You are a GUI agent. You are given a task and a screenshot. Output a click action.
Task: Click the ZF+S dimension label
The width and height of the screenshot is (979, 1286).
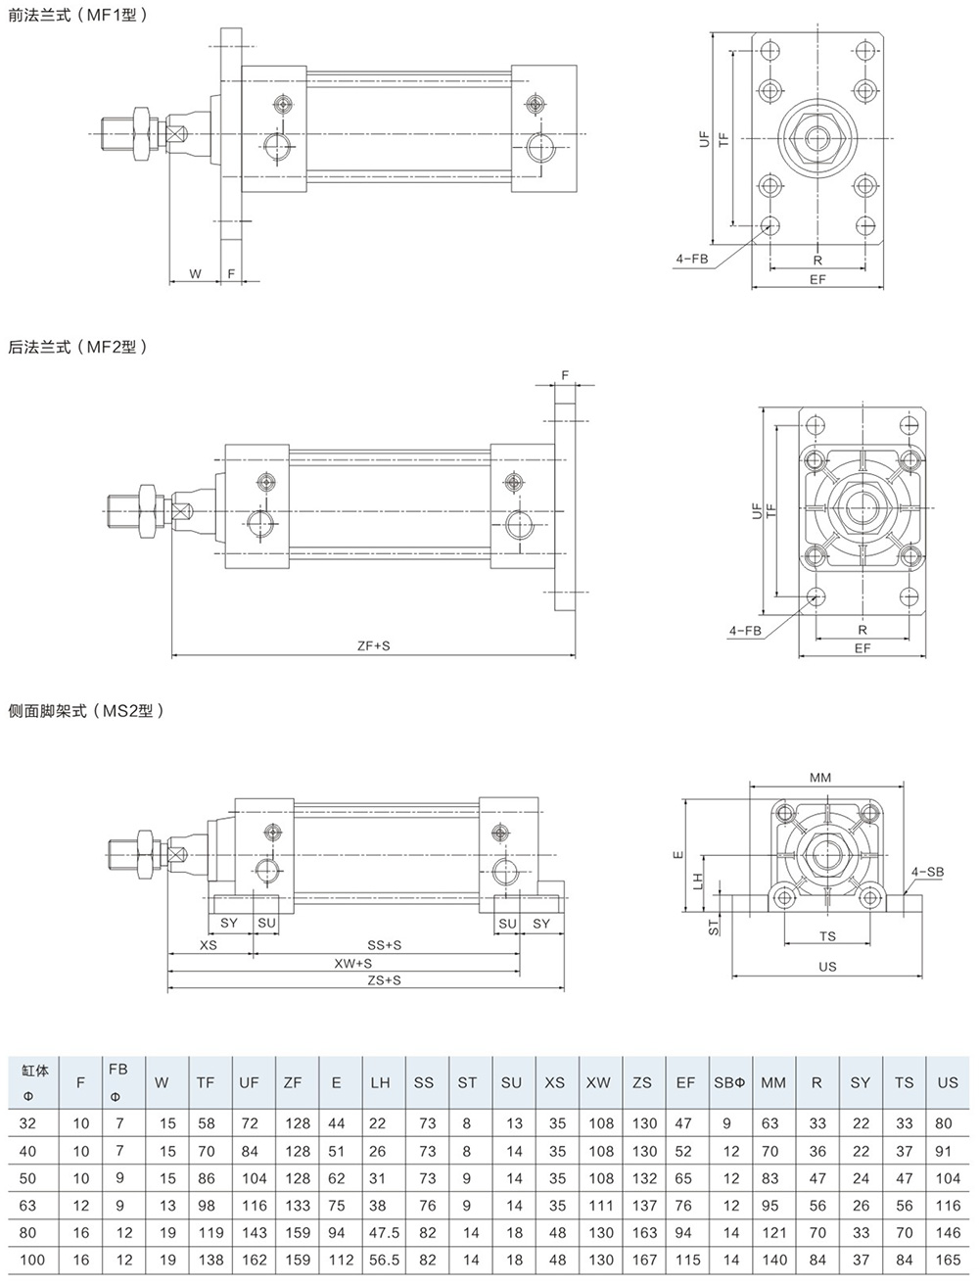(x=374, y=645)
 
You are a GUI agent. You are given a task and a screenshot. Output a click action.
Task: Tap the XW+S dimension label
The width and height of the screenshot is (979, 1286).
(x=353, y=963)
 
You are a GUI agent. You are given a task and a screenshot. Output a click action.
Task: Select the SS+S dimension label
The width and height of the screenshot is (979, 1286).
(x=384, y=945)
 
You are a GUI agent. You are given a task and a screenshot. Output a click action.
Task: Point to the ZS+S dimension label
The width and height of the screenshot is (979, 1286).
(x=384, y=980)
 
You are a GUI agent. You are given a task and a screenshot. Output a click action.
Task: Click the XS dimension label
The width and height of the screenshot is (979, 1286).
(x=209, y=945)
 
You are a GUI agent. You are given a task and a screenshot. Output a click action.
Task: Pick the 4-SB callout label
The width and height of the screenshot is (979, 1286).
(x=927, y=872)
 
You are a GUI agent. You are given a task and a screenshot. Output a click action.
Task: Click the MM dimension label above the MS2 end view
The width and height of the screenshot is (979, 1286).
(x=820, y=778)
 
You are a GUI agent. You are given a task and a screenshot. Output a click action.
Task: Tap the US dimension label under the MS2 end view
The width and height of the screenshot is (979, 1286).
(x=827, y=967)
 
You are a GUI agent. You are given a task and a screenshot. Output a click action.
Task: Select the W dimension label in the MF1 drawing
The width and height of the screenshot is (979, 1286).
(x=196, y=273)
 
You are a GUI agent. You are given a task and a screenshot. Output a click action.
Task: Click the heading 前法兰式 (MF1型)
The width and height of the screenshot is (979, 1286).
(x=78, y=15)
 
